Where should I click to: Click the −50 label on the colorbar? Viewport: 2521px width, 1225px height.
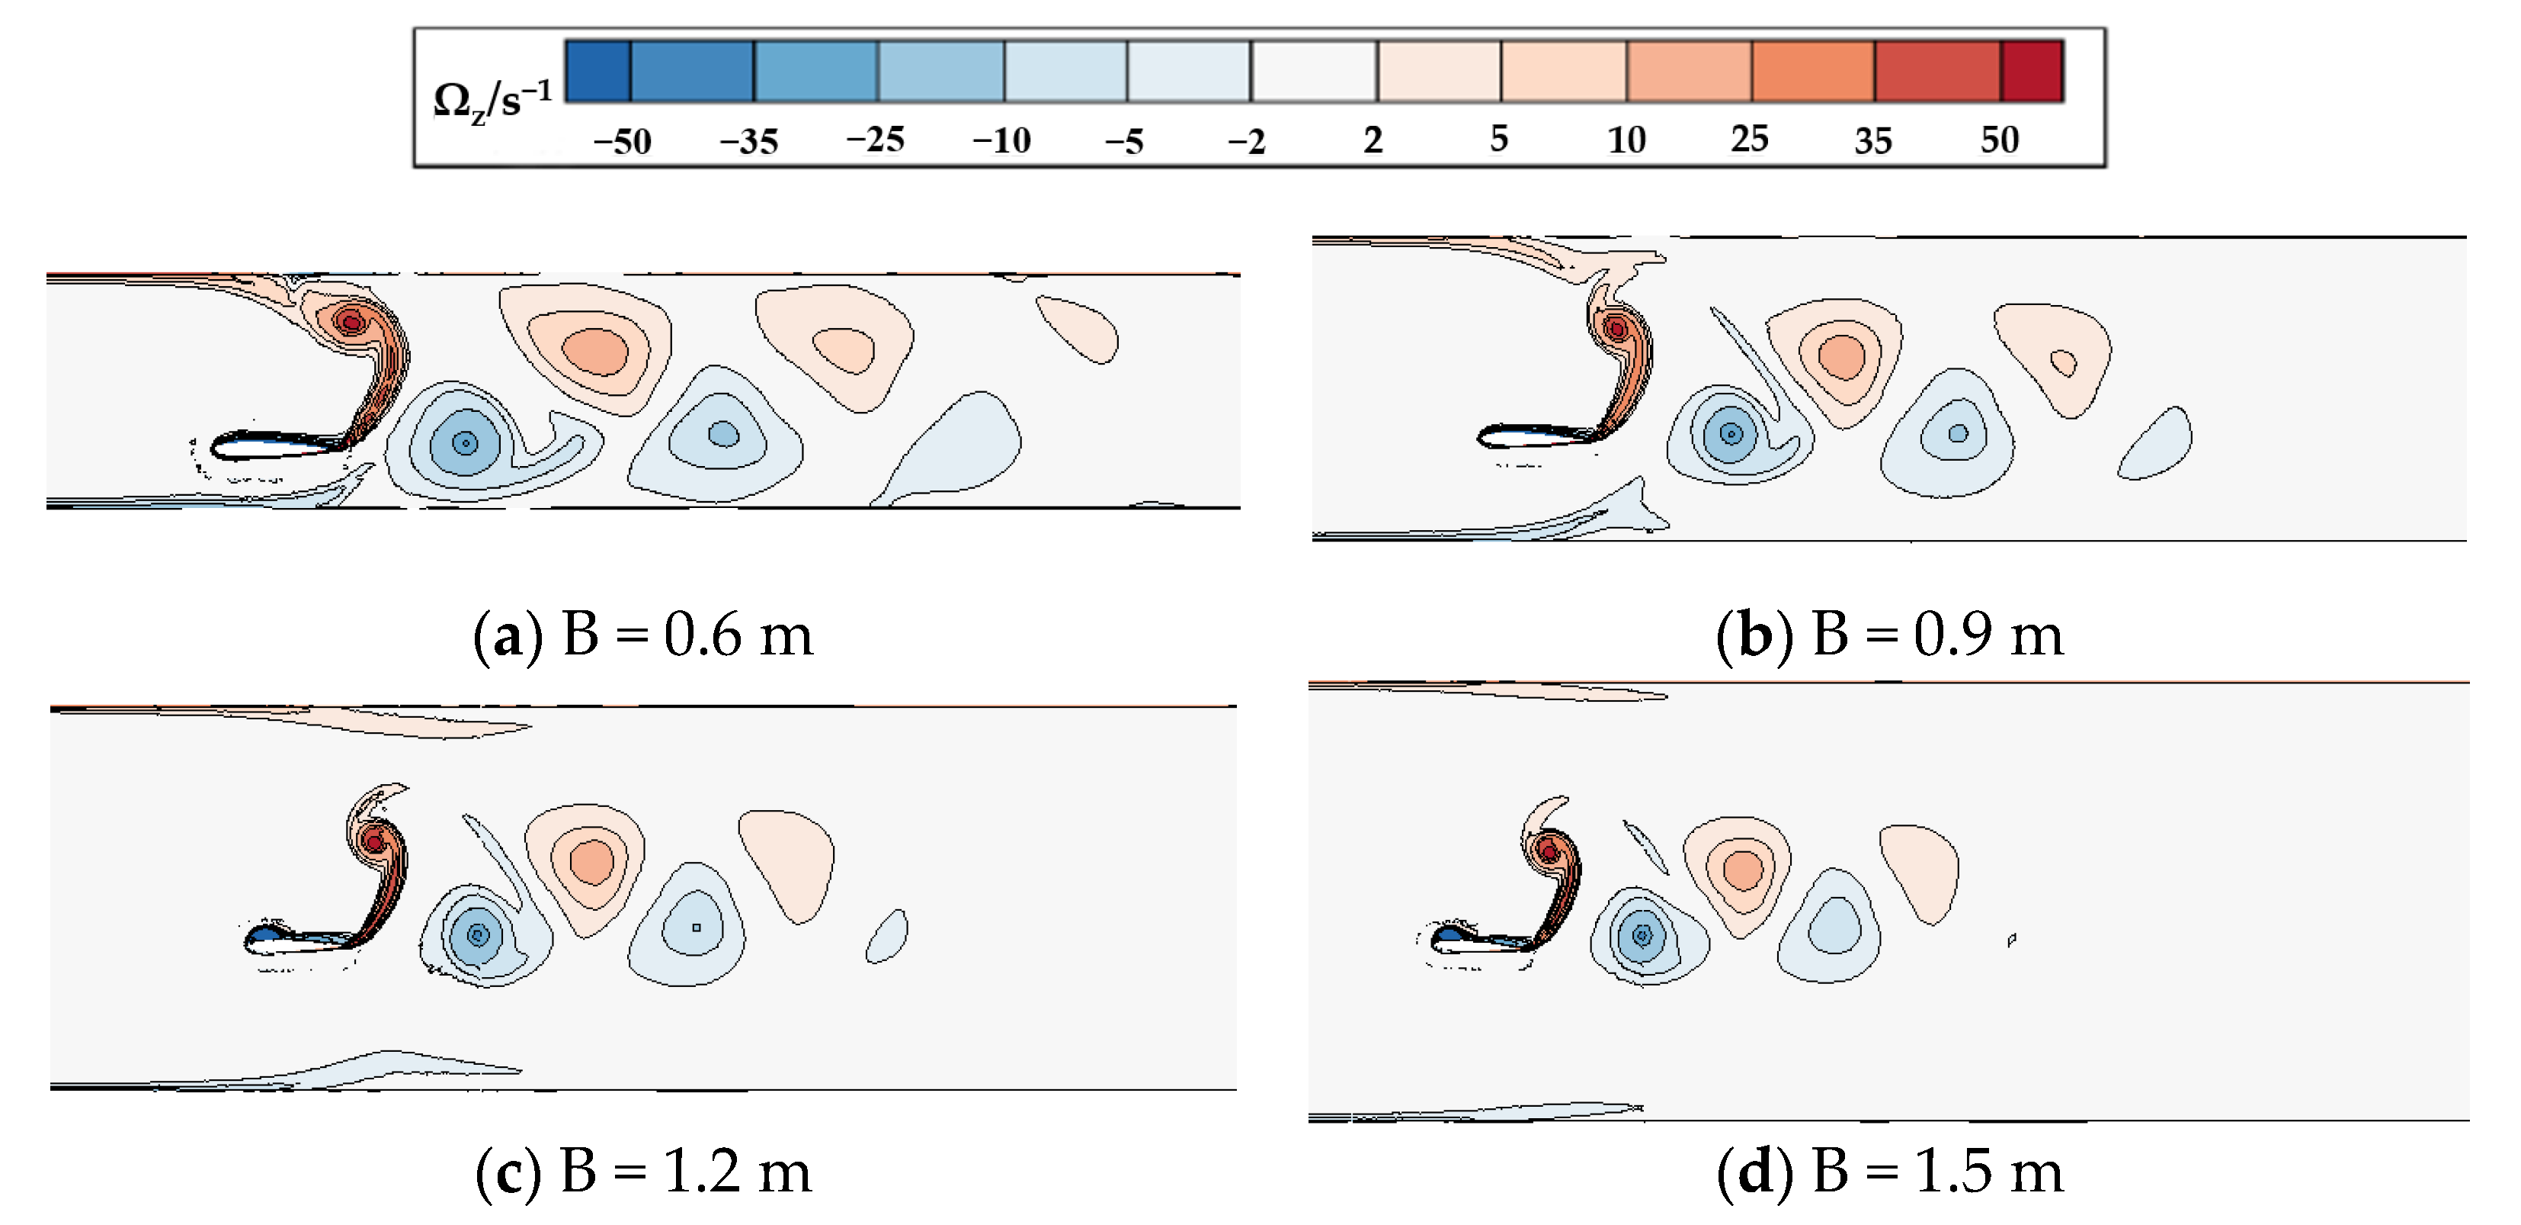pos(623,141)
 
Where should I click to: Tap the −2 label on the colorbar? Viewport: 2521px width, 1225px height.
pos(1247,141)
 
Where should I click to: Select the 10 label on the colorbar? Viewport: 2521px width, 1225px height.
pos(1626,140)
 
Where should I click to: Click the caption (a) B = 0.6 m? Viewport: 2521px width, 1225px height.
pos(643,635)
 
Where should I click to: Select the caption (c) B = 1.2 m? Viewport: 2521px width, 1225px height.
pos(643,1170)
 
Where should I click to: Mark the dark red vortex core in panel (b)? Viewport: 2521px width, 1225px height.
pos(1616,329)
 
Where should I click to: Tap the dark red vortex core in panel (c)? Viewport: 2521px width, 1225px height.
pos(373,841)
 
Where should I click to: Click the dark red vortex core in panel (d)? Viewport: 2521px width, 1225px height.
pos(1549,851)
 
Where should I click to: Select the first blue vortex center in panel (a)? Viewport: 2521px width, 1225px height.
pos(466,444)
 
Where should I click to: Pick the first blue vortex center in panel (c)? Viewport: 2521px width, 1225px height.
pos(478,935)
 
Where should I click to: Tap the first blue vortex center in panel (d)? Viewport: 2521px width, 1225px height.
pos(1642,935)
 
